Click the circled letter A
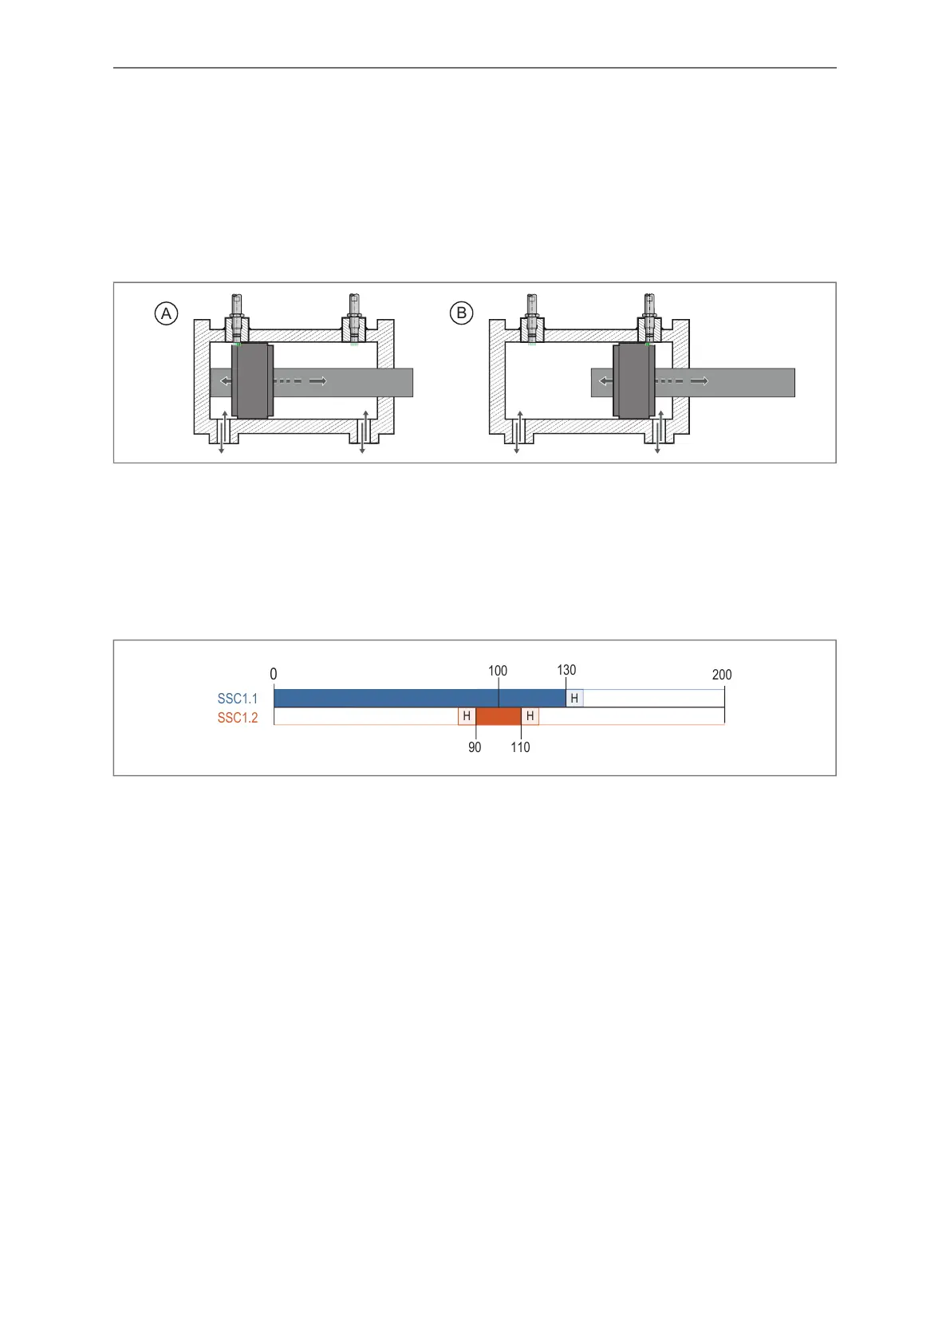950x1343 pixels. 166,313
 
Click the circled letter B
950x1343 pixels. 461,313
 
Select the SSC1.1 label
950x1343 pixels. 238,699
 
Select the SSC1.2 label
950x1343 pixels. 238,718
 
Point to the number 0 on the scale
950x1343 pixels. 274,674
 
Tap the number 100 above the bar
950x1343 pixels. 498,670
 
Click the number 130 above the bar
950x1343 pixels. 566,670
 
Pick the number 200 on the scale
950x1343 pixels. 722,675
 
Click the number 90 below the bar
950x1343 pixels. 475,747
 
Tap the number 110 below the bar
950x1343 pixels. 520,747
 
